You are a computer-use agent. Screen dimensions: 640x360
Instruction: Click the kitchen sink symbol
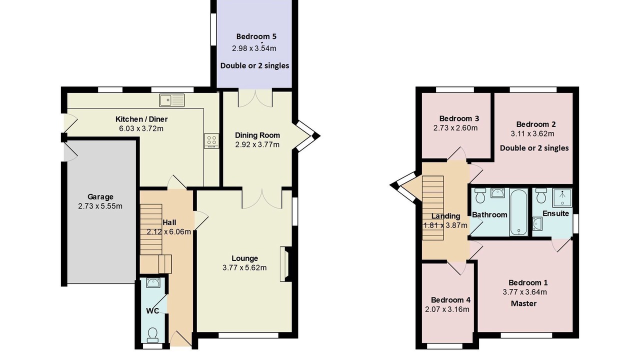[172, 100]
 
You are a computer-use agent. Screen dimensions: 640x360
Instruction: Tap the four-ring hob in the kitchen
[211, 141]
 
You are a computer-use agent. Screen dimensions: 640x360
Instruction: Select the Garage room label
[100, 196]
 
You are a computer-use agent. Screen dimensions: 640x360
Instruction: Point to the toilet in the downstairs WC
[152, 335]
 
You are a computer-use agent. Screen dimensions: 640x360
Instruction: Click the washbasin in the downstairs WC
[153, 282]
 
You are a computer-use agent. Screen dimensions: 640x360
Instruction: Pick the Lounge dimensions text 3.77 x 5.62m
[244, 267]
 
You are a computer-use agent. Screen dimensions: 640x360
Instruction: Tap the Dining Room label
[257, 135]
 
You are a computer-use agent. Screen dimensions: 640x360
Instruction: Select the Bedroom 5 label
[256, 36]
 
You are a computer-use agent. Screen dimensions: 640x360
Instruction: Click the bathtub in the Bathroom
[518, 211]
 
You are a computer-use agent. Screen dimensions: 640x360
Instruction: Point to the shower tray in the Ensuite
[562, 197]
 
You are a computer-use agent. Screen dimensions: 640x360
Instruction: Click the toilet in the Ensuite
[541, 195]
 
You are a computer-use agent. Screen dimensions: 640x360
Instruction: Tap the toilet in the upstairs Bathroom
[480, 195]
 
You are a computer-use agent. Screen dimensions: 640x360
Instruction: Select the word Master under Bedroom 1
[523, 303]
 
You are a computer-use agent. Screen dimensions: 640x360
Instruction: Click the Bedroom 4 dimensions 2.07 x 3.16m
[447, 309]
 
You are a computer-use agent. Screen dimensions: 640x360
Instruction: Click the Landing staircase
[433, 207]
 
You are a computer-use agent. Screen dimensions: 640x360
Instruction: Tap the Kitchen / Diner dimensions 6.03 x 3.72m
[141, 128]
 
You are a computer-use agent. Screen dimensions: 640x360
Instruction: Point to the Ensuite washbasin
[537, 223]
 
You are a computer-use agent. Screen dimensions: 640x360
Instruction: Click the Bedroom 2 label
[536, 124]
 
